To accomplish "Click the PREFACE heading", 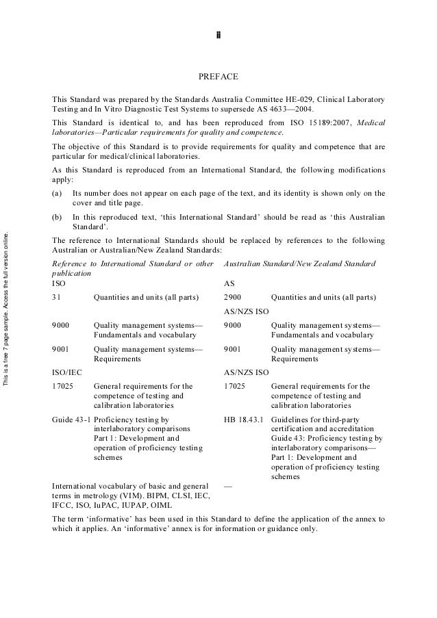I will pyautogui.click(x=218, y=77).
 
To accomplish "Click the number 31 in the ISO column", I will pyautogui.click(x=57, y=298).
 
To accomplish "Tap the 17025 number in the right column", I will pyautogui.click(x=235, y=386).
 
